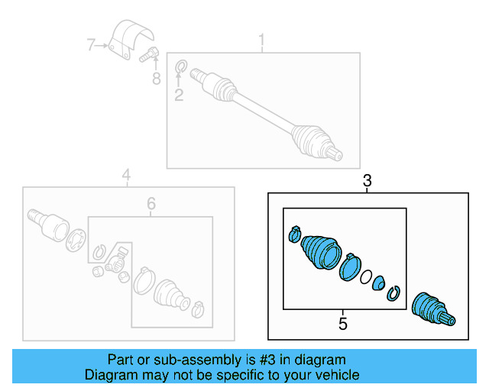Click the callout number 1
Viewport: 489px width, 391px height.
[x=261, y=40]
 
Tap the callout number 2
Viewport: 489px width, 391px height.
[x=179, y=95]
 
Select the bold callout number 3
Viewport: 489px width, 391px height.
[x=368, y=181]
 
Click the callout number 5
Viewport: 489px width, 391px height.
[x=343, y=325]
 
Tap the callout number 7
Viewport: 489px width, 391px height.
[x=91, y=46]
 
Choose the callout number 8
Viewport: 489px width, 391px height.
[x=156, y=78]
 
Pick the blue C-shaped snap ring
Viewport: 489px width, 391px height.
[x=394, y=292]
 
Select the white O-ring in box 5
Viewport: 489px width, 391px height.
[x=366, y=276]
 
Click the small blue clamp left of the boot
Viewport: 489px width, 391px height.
[x=294, y=234]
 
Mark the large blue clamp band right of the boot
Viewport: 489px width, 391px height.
[x=350, y=267]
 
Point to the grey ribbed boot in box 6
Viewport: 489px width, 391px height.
[x=167, y=294]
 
